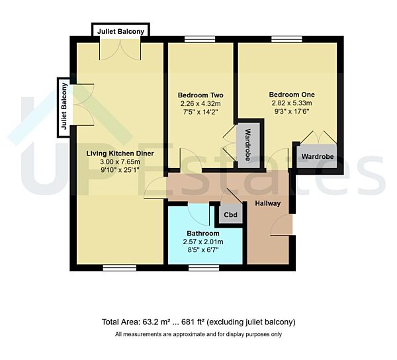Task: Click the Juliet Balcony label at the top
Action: point(120,31)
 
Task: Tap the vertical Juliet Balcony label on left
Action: point(64,107)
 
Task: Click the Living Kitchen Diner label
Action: point(120,153)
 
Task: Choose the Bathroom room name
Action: point(202,234)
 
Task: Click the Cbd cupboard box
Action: point(230,215)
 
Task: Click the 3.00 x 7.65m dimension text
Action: point(120,161)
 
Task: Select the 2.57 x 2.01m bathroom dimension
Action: point(202,242)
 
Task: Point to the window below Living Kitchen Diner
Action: point(115,267)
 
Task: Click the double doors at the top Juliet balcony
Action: point(120,48)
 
